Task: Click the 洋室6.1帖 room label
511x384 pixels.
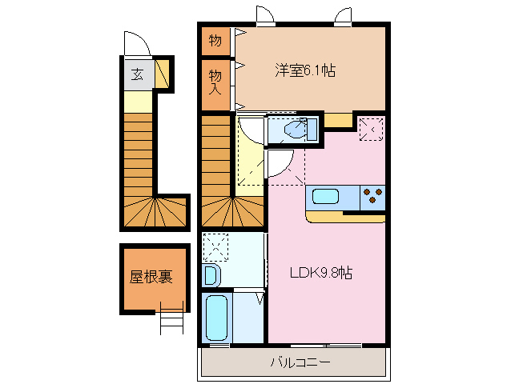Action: pos(305,70)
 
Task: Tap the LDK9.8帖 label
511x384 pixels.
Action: pos(320,273)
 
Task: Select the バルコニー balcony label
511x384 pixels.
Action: pos(300,362)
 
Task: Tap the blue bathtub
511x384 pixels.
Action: pos(216,318)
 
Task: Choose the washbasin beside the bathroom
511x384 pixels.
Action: pos(211,275)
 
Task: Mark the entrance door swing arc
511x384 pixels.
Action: pos(134,43)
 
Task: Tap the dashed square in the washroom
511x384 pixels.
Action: pos(215,244)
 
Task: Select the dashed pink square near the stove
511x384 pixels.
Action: pos(370,129)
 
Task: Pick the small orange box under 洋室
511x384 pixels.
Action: pos(338,120)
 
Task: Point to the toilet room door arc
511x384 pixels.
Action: pos(280,163)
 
